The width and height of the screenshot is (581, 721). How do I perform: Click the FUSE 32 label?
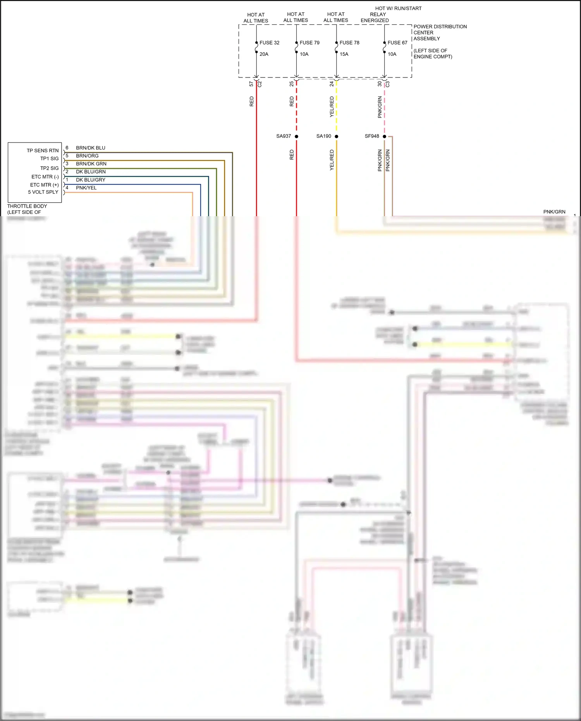click(x=269, y=43)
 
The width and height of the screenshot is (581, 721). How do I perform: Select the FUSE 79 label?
click(x=309, y=43)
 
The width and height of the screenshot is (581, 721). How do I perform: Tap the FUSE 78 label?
click(x=349, y=43)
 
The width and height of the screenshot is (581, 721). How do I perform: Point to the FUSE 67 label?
click(x=397, y=43)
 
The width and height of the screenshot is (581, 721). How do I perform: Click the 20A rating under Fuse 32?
click(x=264, y=54)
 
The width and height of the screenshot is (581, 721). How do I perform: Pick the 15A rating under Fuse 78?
click(x=344, y=54)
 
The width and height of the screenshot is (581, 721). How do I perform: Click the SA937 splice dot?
click(x=296, y=136)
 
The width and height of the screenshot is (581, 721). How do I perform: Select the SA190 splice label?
click(x=324, y=136)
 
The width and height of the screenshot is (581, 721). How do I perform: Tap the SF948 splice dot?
click(x=384, y=136)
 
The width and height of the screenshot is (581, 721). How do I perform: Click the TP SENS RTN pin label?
click(x=43, y=151)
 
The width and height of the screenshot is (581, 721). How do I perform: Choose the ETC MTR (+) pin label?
click(x=44, y=185)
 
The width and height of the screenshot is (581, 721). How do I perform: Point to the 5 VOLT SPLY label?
click(x=43, y=192)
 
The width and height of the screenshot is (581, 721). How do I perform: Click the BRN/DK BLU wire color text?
click(x=91, y=148)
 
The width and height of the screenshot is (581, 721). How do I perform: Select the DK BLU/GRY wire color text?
click(x=91, y=180)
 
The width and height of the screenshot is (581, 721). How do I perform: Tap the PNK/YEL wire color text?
click(x=86, y=188)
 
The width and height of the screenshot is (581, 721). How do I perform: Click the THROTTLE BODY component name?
click(x=27, y=206)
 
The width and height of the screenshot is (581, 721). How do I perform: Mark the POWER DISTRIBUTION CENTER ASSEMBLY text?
click(x=440, y=33)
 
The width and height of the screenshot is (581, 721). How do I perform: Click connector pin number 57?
click(x=251, y=84)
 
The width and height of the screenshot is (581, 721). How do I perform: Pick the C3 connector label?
click(x=388, y=84)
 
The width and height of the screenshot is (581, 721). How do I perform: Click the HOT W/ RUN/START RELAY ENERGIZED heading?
click(x=391, y=14)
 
